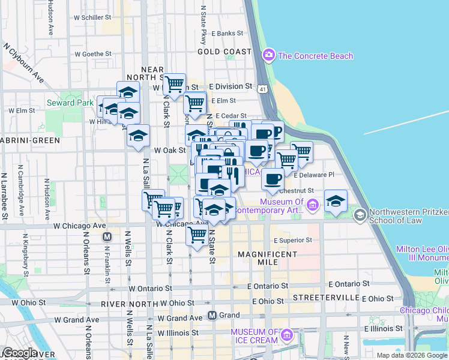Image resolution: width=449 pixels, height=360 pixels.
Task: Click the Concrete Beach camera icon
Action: coord(268,56)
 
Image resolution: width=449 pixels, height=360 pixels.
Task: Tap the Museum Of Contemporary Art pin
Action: coord(312,206)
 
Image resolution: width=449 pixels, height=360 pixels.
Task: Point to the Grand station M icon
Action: coord(212,315)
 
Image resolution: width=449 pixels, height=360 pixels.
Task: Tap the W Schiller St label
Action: coord(97,17)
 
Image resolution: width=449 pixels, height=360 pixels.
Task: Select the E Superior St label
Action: coord(294,241)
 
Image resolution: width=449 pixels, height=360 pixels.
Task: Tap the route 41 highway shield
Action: coord(263,89)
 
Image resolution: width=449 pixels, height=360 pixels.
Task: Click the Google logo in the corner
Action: coord(19,353)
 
